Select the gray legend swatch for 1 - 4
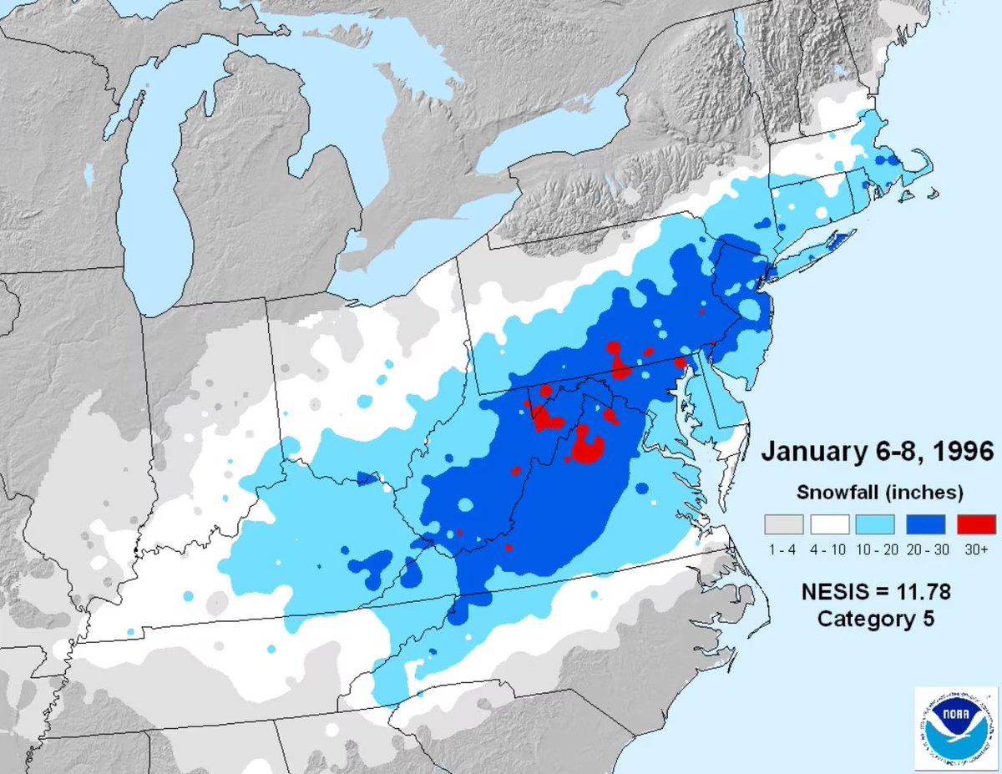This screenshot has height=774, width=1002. pos(783,524)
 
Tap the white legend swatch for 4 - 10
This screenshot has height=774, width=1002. pos(830,524)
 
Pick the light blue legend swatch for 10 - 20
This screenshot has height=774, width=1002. pos(878,524)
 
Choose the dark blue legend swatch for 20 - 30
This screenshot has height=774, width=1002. pos(925,524)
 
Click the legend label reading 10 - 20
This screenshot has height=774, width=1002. pos(878,549)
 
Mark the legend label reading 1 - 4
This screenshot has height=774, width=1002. pos(783,549)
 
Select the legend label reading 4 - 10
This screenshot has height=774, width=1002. pos(830,549)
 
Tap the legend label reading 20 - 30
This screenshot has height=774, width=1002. pos(925,549)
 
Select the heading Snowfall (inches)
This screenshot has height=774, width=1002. pos(879,491)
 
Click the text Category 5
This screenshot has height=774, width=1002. pos(875,619)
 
